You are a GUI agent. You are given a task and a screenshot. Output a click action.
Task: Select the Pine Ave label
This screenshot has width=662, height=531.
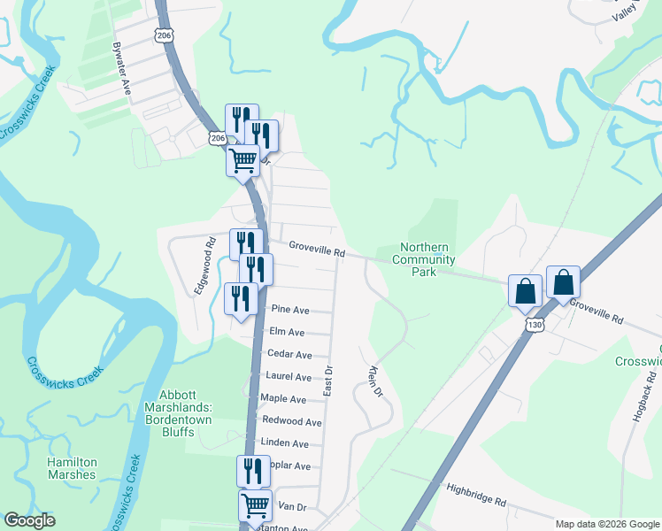click(290, 310)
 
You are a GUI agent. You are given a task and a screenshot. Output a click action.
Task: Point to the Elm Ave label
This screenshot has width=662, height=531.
click(288, 332)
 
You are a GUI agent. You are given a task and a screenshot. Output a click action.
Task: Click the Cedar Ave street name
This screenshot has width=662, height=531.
click(289, 354)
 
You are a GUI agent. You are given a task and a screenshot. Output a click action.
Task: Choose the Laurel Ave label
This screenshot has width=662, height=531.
click(289, 376)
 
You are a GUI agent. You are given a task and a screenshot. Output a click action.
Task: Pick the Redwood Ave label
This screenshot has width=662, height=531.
click(292, 421)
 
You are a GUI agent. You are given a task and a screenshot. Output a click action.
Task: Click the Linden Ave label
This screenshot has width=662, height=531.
click(285, 442)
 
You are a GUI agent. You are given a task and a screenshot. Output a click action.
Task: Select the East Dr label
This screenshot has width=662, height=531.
click(327, 381)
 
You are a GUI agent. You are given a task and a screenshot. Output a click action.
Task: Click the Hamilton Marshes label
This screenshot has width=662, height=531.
click(73, 468)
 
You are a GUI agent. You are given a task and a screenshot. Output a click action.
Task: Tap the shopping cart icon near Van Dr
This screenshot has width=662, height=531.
click(256, 505)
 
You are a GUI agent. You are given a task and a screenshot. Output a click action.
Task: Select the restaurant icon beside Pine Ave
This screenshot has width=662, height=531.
click(241, 299)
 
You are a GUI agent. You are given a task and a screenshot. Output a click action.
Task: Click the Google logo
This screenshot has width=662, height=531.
click(30, 520)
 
